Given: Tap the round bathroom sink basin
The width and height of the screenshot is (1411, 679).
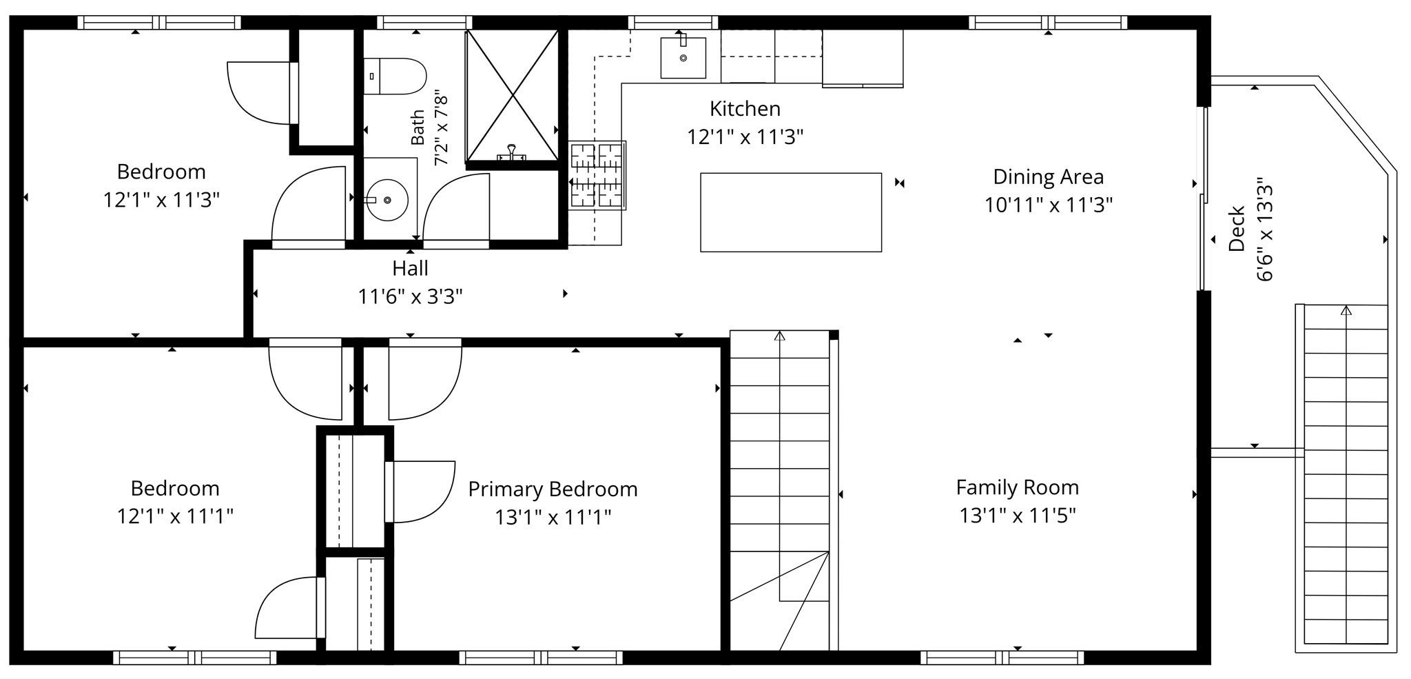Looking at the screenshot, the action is point(387,200).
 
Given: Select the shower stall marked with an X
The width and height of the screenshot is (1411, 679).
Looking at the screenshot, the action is point(512,95).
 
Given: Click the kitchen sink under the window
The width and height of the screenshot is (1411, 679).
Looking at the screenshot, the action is point(683,58).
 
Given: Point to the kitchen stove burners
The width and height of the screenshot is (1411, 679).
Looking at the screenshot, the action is point(597,175).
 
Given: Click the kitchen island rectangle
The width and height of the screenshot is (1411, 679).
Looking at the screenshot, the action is point(791,212).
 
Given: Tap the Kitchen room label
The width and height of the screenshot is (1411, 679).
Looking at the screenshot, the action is point(745,109).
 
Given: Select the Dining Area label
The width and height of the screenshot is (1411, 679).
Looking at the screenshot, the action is point(1048,177).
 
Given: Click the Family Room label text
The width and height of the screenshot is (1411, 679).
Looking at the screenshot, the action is point(1017,488).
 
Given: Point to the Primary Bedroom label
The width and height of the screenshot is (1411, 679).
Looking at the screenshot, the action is point(553,489).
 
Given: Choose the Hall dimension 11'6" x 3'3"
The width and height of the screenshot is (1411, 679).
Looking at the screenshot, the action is point(410,296).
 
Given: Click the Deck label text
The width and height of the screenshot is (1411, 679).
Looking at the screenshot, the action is point(1237,228).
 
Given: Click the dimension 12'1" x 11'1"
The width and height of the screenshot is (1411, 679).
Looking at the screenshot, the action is point(175,516).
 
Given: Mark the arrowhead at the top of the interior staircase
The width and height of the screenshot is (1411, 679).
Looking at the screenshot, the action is point(780,336).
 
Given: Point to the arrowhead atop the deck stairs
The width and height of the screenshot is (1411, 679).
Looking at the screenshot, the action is point(1346,310).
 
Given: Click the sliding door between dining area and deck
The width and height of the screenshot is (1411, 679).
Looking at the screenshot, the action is point(1204,199).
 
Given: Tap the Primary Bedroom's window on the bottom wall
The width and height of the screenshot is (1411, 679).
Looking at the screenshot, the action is point(541,658).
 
